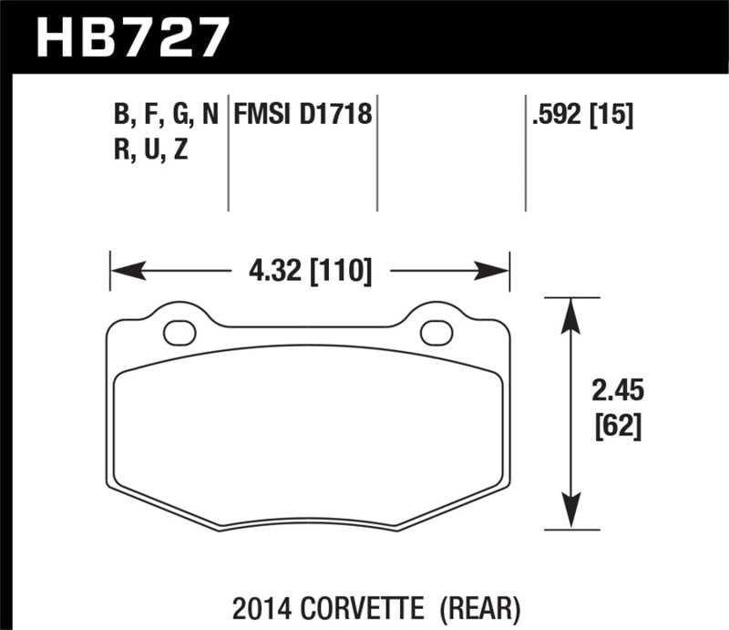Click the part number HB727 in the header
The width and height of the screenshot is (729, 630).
point(130,36)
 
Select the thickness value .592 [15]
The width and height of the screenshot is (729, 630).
point(580,116)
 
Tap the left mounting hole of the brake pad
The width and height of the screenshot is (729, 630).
point(180,333)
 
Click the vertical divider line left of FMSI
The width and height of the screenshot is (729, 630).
point(228,150)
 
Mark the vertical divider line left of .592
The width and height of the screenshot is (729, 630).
point(526,150)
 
